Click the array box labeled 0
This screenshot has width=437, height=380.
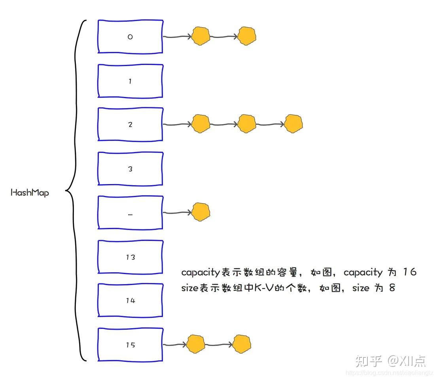(x=130, y=36)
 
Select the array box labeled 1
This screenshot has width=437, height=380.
(x=130, y=81)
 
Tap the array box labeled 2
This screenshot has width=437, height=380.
(x=130, y=124)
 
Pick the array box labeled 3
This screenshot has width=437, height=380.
(x=130, y=169)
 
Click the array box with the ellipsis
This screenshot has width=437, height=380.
(x=130, y=213)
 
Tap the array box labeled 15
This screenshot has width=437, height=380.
(x=130, y=344)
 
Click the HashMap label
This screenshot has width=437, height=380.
(x=30, y=193)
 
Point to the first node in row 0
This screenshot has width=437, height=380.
(x=201, y=36)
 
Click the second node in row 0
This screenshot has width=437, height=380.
(x=247, y=36)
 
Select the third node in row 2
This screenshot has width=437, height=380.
(x=293, y=123)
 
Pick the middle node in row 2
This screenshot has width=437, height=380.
(x=247, y=123)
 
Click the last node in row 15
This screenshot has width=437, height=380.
(x=242, y=344)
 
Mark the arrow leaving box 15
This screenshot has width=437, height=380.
(x=175, y=344)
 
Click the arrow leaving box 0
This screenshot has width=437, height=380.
(x=177, y=37)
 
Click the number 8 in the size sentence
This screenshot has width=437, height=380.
(x=392, y=288)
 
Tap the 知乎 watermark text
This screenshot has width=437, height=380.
(x=369, y=361)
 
